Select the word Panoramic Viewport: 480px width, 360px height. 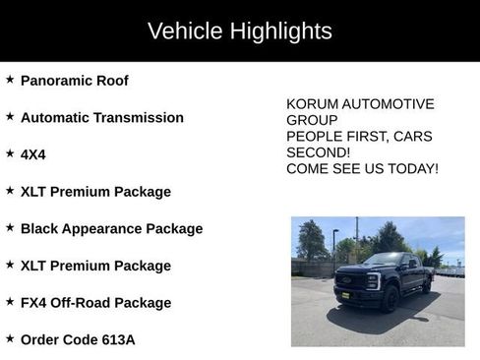coord(60,81)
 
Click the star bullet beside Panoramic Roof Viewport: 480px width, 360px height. coord(10,80)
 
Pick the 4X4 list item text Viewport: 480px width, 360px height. coord(32,154)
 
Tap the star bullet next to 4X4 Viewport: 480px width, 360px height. coord(10,153)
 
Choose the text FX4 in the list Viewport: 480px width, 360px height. coord(34,303)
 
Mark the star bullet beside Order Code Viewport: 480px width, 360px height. coord(10,338)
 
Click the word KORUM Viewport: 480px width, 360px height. coord(311,104)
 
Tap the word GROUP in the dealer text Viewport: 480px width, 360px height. coord(311,120)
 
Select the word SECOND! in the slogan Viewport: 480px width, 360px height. coord(319,152)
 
